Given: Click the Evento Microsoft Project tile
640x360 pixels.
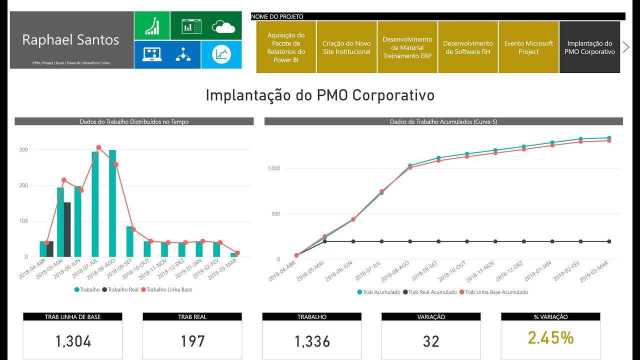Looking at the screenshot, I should pos(528,47).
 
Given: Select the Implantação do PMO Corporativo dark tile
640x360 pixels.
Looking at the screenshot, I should pos(589,47).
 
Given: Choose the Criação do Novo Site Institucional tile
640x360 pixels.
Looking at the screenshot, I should pos(346,47).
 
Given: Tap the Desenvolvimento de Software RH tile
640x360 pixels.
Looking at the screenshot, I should pos(468,47).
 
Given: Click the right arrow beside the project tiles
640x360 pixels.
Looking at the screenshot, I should pos(625,47).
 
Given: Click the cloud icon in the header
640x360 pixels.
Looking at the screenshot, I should pos(223,26).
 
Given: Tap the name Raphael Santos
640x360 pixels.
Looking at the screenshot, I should pos(71,40).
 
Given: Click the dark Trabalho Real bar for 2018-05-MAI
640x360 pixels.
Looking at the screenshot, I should pos(67,229).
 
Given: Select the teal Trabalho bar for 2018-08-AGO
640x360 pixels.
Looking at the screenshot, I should pos(112,203).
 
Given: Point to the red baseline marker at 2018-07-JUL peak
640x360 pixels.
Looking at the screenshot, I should pos(98,147).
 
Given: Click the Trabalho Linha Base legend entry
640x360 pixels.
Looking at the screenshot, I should pos(166,289).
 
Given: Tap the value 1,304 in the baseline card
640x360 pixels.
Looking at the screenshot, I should pos(73,341).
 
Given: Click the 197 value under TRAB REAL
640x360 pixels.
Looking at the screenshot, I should pos(192,341).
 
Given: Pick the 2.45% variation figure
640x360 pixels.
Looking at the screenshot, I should pos(550,338).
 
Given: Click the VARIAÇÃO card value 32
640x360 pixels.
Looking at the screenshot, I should pos(431,341).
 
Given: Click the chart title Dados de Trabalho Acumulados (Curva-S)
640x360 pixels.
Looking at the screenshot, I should pos(443,121).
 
